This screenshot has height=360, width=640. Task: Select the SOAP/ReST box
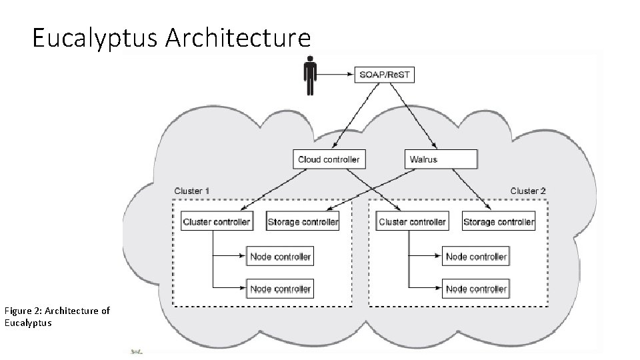pos(385,75)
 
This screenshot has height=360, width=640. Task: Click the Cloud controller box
pos(329,159)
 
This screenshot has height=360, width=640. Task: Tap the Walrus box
pos(441,159)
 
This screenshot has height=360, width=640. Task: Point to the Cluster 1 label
pos(192,191)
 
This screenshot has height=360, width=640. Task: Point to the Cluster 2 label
pos(528,191)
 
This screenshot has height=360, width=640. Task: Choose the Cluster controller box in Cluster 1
pos(217,222)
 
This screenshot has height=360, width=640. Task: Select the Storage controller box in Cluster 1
pos(302,222)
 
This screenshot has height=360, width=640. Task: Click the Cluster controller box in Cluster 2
pos(411,222)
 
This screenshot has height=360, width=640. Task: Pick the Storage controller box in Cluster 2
pos(498,222)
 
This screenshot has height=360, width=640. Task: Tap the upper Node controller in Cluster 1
pos(280,257)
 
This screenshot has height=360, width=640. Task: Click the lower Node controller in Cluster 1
pos(280,289)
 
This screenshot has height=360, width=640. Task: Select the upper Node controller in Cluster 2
pos(475,257)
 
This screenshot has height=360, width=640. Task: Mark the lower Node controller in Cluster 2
pos(475,289)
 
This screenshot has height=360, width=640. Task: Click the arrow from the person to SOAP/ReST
pos(337,75)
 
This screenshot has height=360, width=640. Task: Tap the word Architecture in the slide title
pos(237,39)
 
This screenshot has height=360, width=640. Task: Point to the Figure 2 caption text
pos(57,316)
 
